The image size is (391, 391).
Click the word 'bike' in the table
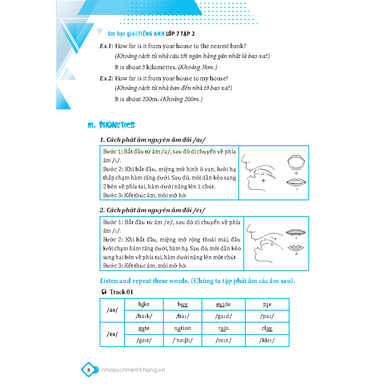tap(144, 304)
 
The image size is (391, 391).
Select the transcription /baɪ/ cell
tap(183, 316)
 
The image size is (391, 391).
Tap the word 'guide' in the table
tap(223, 304)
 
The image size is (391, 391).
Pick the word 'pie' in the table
tap(267, 304)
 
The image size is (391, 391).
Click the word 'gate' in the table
tap(144, 328)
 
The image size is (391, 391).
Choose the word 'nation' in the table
tap(183, 328)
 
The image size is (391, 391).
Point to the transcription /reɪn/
tap(223, 340)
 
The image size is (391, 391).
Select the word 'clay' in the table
tap(267, 328)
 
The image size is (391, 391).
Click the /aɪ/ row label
tap(112, 310)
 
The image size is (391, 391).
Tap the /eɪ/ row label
tap(112, 334)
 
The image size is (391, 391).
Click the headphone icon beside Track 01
tap(104, 292)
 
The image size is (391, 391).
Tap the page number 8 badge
tap(88, 370)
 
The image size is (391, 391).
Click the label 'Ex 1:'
tap(106, 46)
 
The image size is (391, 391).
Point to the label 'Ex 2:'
tap(106, 78)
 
